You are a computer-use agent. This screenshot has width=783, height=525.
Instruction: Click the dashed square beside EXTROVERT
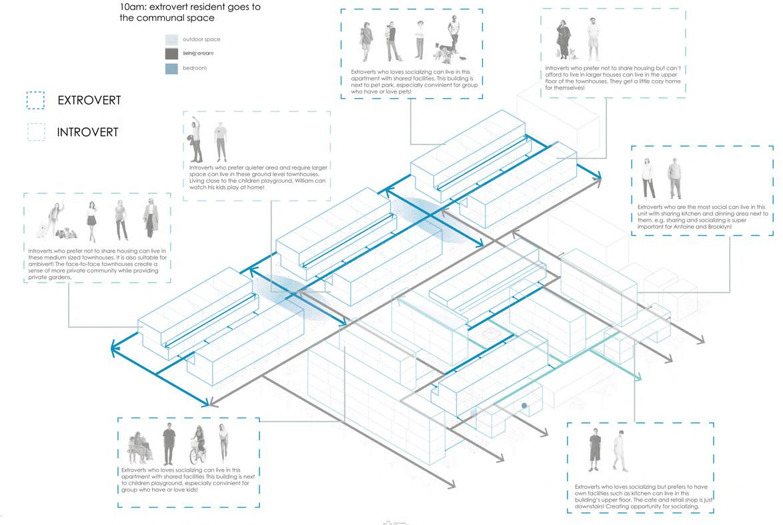tap(35, 100)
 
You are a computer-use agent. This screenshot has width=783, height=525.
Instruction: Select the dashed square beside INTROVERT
tap(35, 131)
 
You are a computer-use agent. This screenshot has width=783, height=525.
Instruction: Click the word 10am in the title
tap(125, 7)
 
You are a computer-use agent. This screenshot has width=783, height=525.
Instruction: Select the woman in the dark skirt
tap(91, 220)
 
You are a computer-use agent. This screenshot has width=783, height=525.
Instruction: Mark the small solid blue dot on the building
tap(525, 406)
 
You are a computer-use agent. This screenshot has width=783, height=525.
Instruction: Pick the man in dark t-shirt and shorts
tap(594, 450)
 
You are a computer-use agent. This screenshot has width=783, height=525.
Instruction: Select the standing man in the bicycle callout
tap(168, 445)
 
